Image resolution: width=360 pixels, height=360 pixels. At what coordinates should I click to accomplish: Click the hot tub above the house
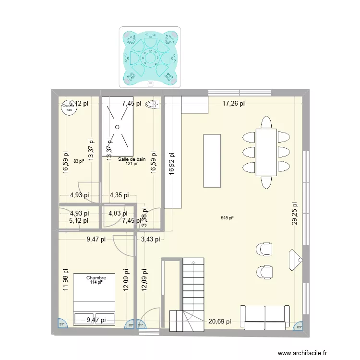tap(150, 57)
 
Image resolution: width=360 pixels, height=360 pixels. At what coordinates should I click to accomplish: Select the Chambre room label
tap(96, 277)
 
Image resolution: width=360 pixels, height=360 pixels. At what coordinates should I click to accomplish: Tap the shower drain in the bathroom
tap(116, 127)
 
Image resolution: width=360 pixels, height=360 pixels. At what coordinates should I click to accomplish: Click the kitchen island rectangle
tap(212, 160)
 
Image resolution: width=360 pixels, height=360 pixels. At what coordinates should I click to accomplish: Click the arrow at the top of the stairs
tap(193, 263)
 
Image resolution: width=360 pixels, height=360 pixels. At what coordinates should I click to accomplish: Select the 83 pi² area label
tap(79, 161)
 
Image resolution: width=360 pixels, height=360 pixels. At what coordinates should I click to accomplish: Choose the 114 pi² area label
tap(96, 282)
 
